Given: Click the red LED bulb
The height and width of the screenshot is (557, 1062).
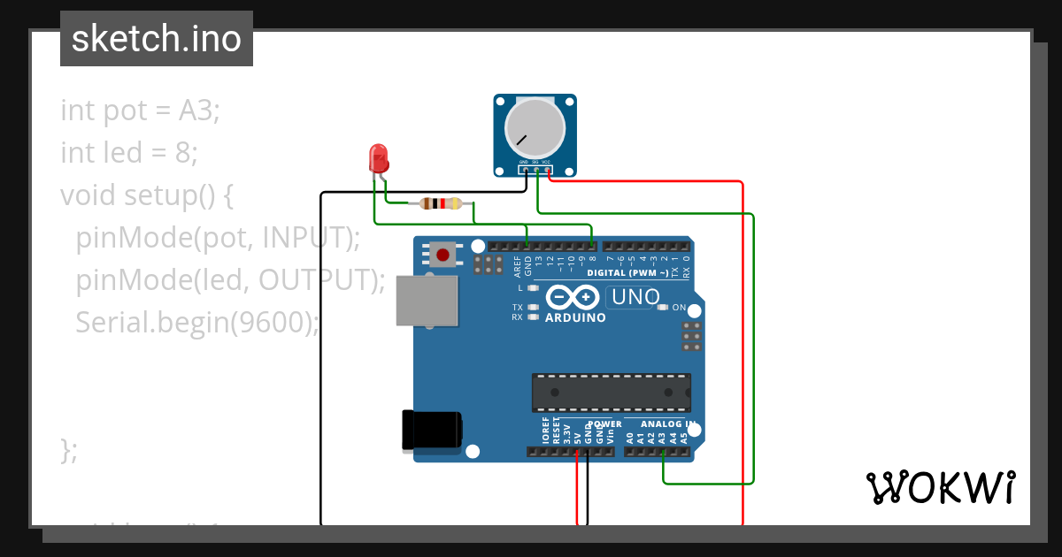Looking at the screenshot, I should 378,159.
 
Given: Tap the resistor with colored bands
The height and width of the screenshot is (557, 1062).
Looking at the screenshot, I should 441,203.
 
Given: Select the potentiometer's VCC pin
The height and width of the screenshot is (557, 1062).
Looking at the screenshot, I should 547,164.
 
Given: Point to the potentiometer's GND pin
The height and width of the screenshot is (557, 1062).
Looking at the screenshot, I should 524,164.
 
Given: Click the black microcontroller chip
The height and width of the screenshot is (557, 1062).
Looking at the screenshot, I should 611,393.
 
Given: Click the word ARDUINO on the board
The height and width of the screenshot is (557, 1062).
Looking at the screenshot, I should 575,317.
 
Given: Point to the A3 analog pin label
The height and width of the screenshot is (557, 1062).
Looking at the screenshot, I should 662,437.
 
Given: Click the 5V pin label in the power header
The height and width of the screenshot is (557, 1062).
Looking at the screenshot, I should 578,436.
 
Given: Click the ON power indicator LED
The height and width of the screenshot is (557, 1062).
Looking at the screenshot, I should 663,308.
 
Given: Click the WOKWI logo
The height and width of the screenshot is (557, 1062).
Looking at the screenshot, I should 940,487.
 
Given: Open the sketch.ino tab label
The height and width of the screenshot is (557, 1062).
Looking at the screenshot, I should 157,39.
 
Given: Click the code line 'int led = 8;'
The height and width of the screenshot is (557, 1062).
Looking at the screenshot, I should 129,153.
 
